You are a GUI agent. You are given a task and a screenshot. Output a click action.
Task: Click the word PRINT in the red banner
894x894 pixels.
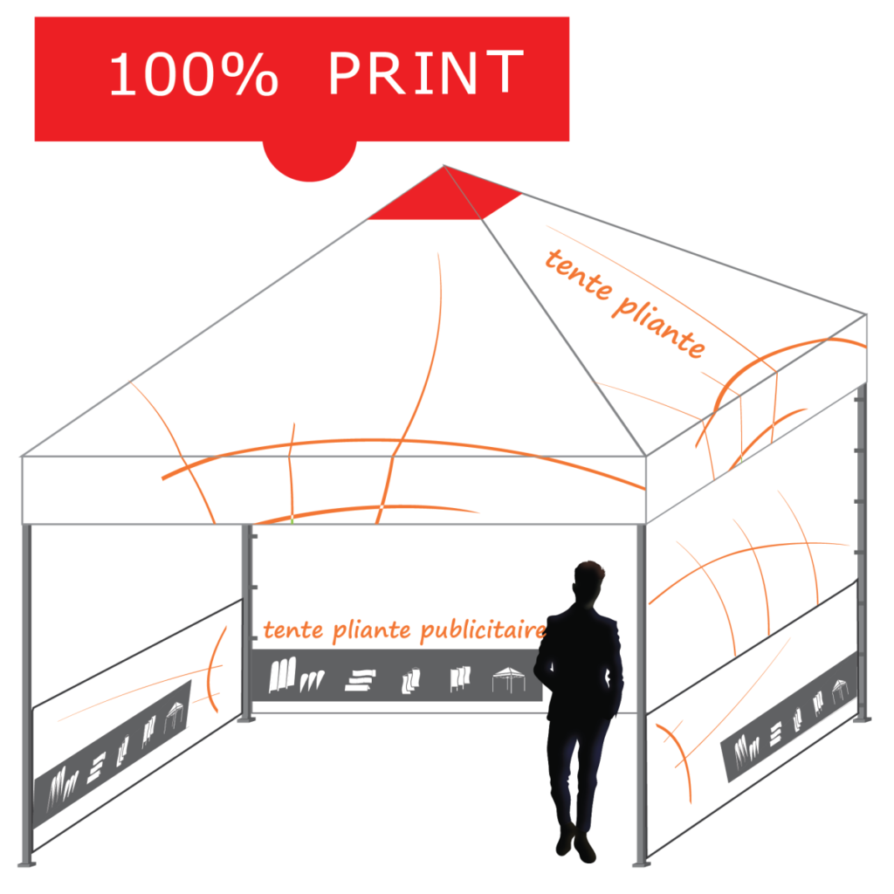(x=426, y=72)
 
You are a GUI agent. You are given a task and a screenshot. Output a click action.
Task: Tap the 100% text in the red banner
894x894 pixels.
(x=194, y=75)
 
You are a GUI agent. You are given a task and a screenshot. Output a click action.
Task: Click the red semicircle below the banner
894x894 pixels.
(x=310, y=160)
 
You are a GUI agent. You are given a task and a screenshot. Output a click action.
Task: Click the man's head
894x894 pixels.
(x=589, y=581)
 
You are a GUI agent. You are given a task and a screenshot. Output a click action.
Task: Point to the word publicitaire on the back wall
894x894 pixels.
(x=484, y=630)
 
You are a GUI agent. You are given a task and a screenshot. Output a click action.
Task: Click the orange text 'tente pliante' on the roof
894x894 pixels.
(x=625, y=304)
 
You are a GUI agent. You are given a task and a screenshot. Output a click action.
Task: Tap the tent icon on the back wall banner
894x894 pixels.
(x=509, y=679)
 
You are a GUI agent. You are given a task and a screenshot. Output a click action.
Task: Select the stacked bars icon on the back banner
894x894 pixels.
(x=361, y=680)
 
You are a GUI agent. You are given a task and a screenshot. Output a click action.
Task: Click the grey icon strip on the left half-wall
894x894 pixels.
(x=112, y=753)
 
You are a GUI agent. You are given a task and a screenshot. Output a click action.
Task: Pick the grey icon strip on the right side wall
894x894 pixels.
(x=789, y=719)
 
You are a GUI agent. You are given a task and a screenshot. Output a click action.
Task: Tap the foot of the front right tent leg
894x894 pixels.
(x=642, y=863)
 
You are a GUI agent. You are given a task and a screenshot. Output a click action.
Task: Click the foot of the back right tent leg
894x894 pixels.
(x=862, y=719)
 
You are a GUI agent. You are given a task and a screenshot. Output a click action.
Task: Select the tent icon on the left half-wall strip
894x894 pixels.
(x=175, y=716)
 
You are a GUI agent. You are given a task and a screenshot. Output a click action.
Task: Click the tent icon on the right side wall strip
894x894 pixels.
(x=841, y=691)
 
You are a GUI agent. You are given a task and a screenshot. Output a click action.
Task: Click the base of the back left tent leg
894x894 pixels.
(x=246, y=719)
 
